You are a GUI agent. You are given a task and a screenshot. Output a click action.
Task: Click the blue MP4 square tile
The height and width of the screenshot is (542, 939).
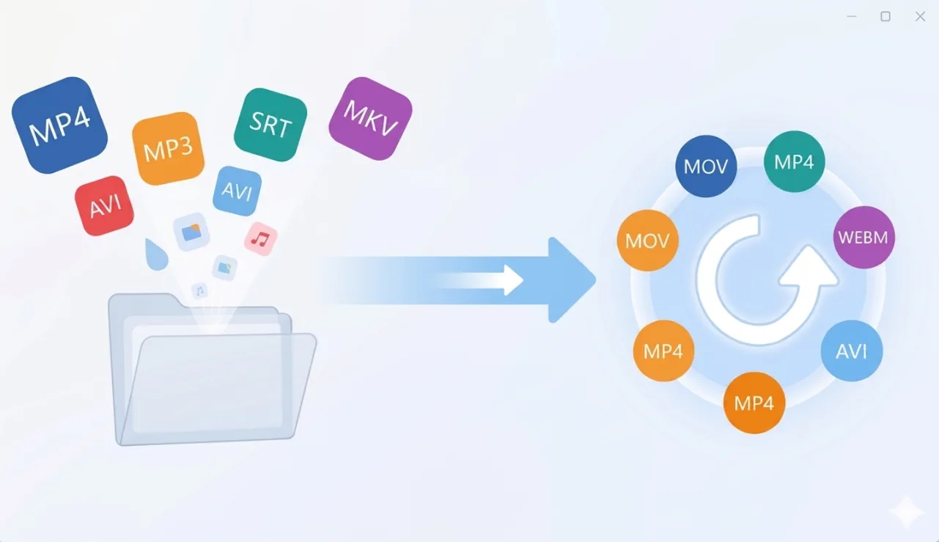(x=59, y=125)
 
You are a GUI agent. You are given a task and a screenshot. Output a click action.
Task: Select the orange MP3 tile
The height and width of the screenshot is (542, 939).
(x=168, y=148)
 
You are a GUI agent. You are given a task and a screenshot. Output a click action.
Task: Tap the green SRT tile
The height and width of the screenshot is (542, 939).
(x=270, y=125)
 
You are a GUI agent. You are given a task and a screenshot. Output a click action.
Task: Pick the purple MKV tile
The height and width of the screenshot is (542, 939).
(x=370, y=118)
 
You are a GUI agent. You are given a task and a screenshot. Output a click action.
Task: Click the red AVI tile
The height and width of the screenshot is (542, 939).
(x=104, y=205)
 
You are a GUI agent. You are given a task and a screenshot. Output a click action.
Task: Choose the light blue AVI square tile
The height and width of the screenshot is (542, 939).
(x=237, y=191)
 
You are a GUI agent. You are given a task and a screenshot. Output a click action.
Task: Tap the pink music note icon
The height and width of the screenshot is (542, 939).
(x=260, y=238)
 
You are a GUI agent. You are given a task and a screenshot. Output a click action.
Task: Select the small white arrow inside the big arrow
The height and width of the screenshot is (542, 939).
(x=506, y=279)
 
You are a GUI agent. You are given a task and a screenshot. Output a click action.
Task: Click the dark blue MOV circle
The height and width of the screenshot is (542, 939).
(x=705, y=166)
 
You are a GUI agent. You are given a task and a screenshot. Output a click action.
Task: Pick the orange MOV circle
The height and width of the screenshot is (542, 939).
(x=648, y=241)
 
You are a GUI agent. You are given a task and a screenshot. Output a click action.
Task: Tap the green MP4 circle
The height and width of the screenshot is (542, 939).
(x=795, y=161)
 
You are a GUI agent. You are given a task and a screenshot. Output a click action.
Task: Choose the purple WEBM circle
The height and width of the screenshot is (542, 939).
(x=864, y=238)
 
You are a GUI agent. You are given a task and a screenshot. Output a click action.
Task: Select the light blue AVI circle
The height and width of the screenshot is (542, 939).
(x=851, y=351)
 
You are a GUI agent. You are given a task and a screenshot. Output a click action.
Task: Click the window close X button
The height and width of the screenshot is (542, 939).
(x=920, y=16)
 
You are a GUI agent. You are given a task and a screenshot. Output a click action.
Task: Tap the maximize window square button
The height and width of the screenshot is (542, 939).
(x=885, y=16)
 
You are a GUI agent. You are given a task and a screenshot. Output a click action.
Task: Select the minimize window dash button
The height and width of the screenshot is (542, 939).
(x=852, y=16)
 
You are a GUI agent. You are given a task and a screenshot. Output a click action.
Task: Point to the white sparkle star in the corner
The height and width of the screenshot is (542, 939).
(x=906, y=512)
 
